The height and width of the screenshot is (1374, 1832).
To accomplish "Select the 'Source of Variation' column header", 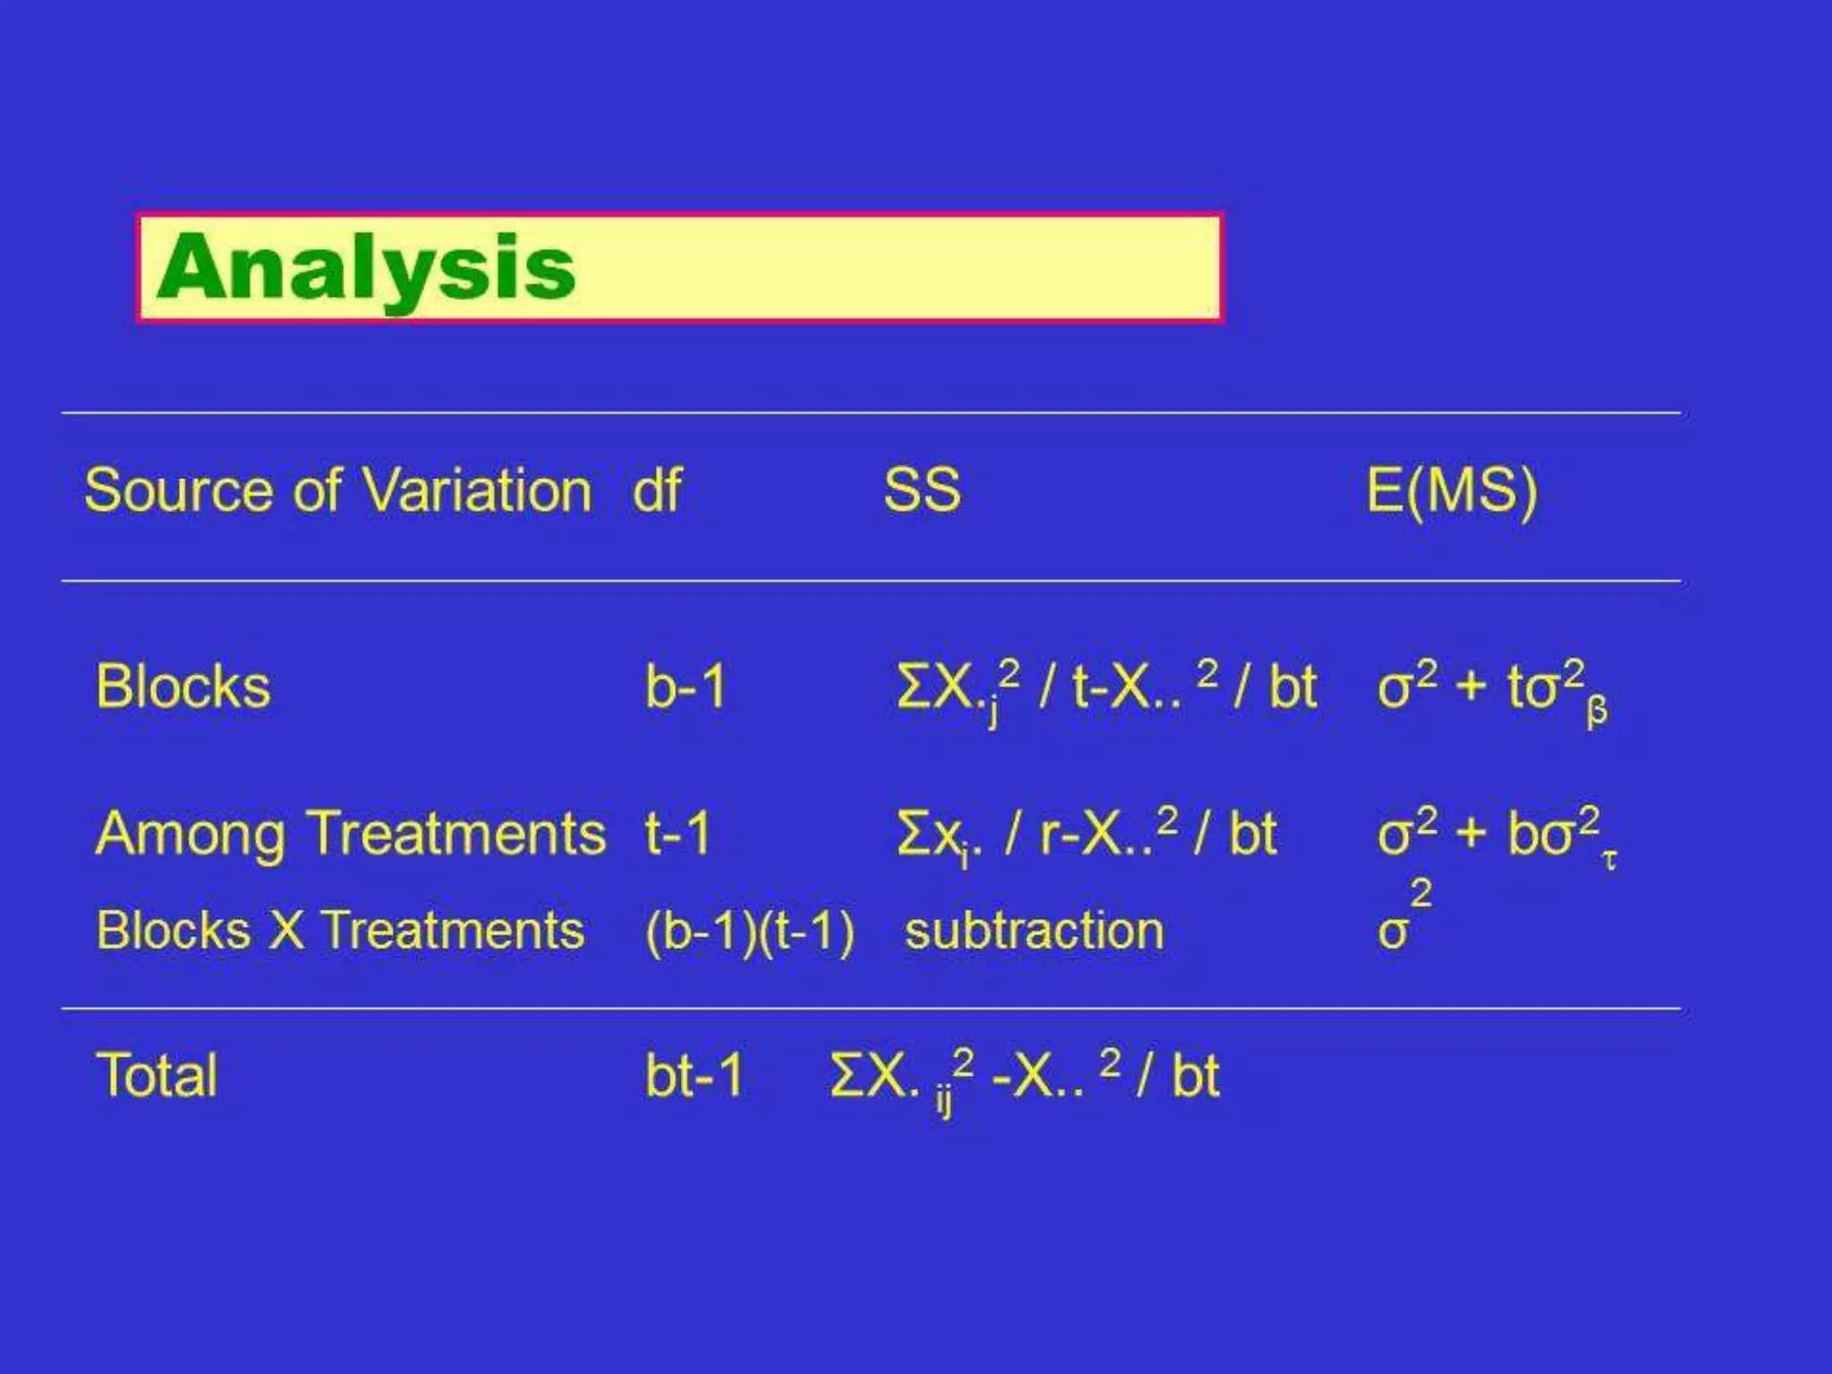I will click(x=338, y=491).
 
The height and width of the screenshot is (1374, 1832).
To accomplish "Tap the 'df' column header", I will click(x=657, y=491).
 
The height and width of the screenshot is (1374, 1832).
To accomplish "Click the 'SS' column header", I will click(x=921, y=491).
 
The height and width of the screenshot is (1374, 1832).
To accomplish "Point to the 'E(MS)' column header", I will click(x=1451, y=491).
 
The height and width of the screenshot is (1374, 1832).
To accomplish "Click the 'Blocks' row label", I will click(x=183, y=687).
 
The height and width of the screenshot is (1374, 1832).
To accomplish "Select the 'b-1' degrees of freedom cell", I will click(x=685, y=687).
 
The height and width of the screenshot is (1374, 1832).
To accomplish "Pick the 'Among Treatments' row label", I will click(x=351, y=834).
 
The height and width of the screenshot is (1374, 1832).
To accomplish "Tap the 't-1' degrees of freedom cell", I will click(x=677, y=834).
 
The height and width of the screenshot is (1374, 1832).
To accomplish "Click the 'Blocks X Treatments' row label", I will click(x=340, y=930).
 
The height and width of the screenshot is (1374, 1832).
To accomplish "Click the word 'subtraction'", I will click(x=1034, y=930).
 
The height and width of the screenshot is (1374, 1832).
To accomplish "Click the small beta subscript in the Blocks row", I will click(x=1597, y=713).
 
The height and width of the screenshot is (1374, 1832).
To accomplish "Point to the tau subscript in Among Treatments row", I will click(x=1610, y=861).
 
